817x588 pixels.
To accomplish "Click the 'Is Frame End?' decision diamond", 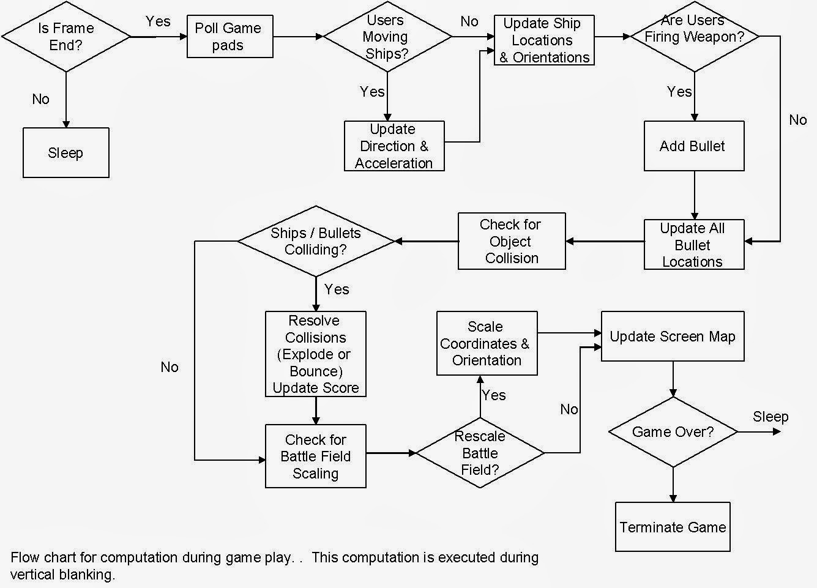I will (x=66, y=37).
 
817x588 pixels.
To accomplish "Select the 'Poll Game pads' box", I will (x=229, y=37).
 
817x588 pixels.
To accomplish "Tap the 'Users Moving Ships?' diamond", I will (x=387, y=37).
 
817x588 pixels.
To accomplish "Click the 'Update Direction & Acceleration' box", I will (x=394, y=146).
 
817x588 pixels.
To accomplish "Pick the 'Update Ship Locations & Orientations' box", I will (x=544, y=40).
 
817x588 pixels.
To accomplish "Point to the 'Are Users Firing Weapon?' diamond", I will (x=695, y=37).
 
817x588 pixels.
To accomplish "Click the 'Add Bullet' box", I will (x=694, y=146).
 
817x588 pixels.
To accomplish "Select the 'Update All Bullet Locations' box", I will (x=694, y=245).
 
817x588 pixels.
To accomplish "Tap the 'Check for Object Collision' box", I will (x=512, y=241).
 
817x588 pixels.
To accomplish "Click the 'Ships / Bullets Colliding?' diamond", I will (x=316, y=241).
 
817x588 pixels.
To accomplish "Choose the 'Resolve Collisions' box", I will (x=316, y=354).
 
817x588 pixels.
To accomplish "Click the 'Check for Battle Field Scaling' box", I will (x=316, y=456).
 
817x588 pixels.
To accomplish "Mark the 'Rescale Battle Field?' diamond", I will (x=480, y=453).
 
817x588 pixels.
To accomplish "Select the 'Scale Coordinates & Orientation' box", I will (x=487, y=343).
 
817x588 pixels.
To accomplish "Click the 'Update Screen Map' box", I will (x=673, y=337).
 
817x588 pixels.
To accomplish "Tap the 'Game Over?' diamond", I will (x=673, y=432).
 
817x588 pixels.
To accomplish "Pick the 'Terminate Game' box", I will (x=673, y=527).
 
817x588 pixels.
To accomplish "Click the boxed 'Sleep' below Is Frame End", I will (x=66, y=153).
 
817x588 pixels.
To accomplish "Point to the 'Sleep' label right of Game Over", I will (x=770, y=417).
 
